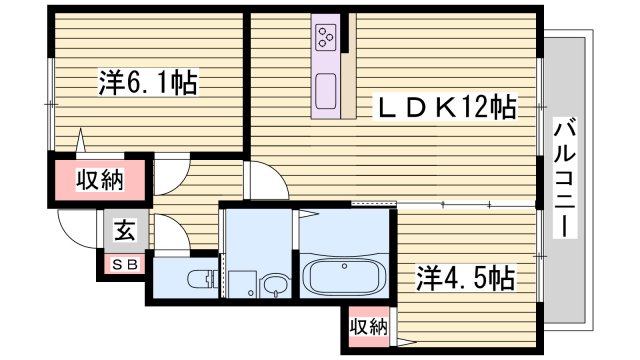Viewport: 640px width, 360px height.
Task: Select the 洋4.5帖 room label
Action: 465,277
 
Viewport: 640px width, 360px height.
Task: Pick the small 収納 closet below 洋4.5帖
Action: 368,326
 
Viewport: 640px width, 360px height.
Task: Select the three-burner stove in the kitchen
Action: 326,39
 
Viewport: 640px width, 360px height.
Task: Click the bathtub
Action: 342,275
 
